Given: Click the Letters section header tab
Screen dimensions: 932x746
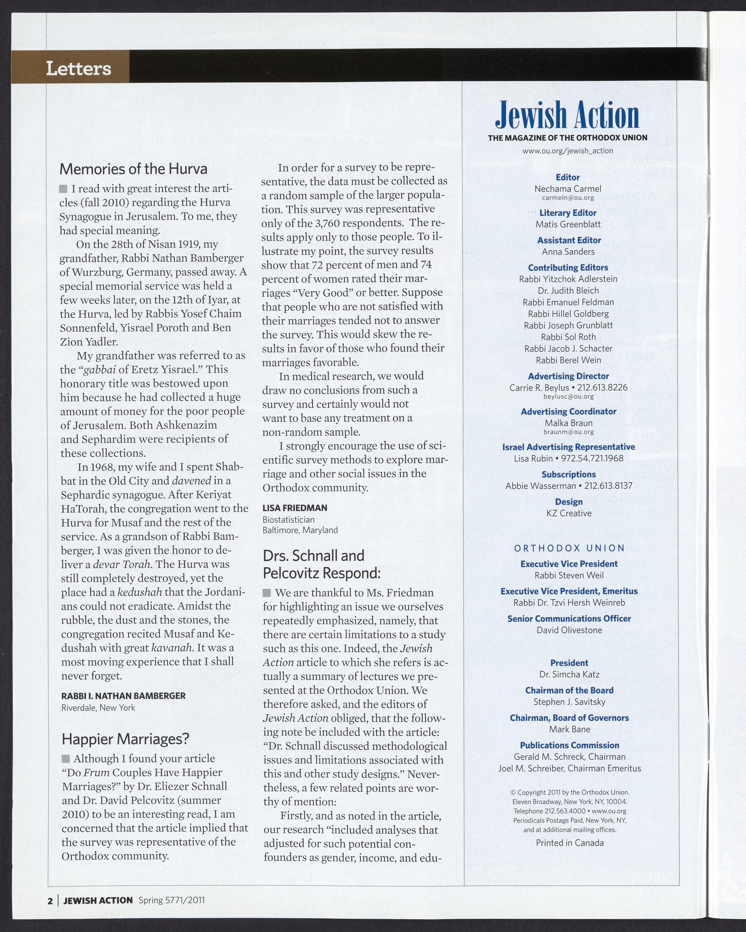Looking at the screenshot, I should [79, 68].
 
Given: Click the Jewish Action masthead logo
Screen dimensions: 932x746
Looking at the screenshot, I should [567, 115].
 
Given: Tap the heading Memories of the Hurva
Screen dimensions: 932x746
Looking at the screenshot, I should [133, 168].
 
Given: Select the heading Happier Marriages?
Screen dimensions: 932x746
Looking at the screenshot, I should [125, 739].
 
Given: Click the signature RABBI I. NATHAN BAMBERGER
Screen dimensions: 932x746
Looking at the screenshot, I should [123, 696].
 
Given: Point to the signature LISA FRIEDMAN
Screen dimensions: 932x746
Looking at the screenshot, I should [295, 508].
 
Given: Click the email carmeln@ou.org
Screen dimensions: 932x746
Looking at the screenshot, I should [568, 198].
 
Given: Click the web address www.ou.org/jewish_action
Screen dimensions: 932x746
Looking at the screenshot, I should [568, 151].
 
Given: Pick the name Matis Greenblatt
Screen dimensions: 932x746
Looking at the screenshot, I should [568, 224].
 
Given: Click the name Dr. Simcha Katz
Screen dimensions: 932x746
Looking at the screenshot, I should [569, 674].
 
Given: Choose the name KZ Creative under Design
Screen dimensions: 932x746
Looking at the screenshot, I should [569, 513].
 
